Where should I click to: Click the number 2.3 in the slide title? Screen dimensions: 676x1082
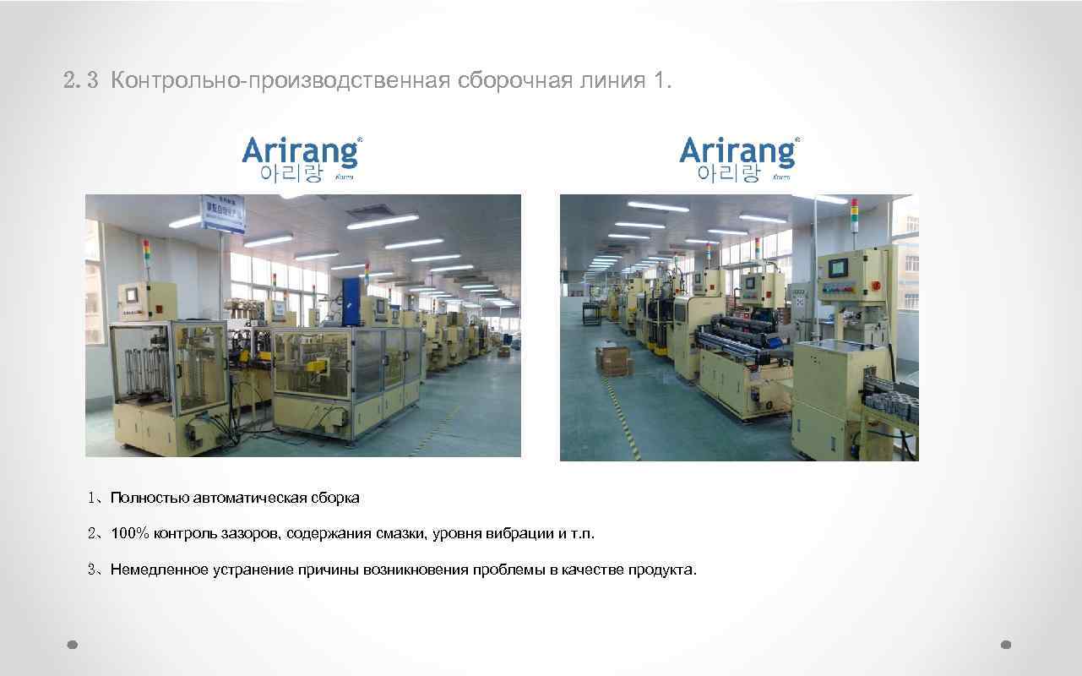coord(80,82)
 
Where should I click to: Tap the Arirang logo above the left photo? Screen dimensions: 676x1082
coord(302,158)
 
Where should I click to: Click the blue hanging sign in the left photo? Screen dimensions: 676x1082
coord(221,215)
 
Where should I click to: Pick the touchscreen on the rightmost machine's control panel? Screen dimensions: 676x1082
coord(840,268)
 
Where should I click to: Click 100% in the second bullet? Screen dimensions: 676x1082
coord(130,533)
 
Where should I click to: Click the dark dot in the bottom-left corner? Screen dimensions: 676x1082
coord(73,644)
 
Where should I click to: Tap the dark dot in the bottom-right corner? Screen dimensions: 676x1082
coord(1005,644)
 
